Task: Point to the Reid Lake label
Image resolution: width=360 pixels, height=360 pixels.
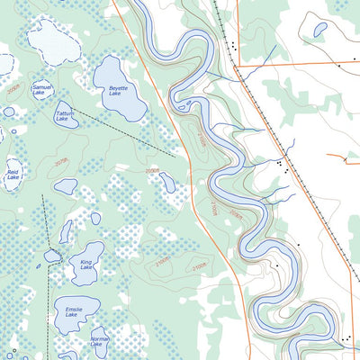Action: pos(13,173)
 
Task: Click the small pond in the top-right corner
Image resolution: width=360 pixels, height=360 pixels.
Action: pos(319,29)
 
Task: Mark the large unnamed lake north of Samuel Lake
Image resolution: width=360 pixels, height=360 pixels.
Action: pos(54,40)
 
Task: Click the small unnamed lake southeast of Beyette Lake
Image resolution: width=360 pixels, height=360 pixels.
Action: pos(167,182)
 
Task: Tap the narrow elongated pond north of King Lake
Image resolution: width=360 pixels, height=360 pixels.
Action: pos(66,231)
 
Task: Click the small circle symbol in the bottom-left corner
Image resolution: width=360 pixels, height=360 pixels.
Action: pos(13,349)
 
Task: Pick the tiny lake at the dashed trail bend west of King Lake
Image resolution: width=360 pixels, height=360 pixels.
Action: pos(52,256)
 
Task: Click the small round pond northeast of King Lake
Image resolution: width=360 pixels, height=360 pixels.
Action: pos(95,218)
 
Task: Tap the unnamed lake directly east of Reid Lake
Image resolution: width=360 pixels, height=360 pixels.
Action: pos(66,185)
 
